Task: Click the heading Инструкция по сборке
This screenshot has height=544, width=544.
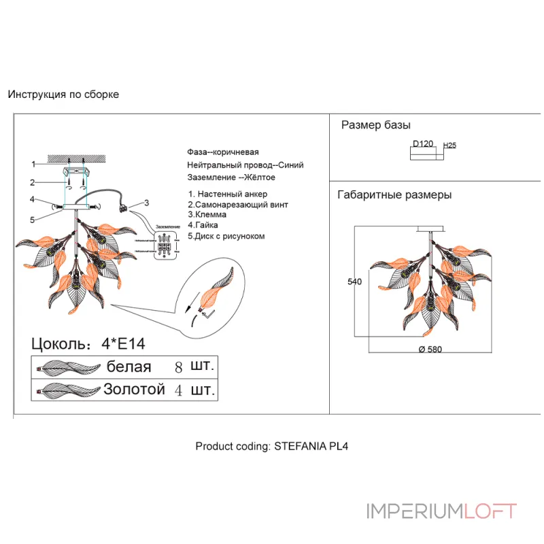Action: tap(63, 95)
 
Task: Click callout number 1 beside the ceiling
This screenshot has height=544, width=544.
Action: tap(33, 164)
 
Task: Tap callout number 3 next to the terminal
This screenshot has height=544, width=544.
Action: tap(146, 203)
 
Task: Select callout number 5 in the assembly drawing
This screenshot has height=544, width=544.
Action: tap(32, 219)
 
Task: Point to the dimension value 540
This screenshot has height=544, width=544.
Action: tap(354, 282)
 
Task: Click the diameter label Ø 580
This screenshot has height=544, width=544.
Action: tap(431, 349)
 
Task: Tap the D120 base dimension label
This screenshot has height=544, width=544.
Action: tap(423, 144)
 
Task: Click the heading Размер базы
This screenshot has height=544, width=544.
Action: tap(375, 125)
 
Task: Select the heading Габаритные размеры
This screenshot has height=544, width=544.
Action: tap(394, 195)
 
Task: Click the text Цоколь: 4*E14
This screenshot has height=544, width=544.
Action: tap(88, 343)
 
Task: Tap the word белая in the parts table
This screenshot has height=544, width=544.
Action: tap(129, 367)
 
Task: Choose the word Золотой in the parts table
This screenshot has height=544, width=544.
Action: tap(134, 390)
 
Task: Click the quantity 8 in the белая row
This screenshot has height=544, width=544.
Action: tap(179, 367)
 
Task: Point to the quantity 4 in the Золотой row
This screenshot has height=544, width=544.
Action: tap(179, 390)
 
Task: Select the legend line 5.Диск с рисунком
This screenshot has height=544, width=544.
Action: tap(226, 236)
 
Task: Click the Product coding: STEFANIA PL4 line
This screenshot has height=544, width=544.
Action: tap(272, 447)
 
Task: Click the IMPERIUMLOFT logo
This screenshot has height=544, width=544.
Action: tap(441, 511)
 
